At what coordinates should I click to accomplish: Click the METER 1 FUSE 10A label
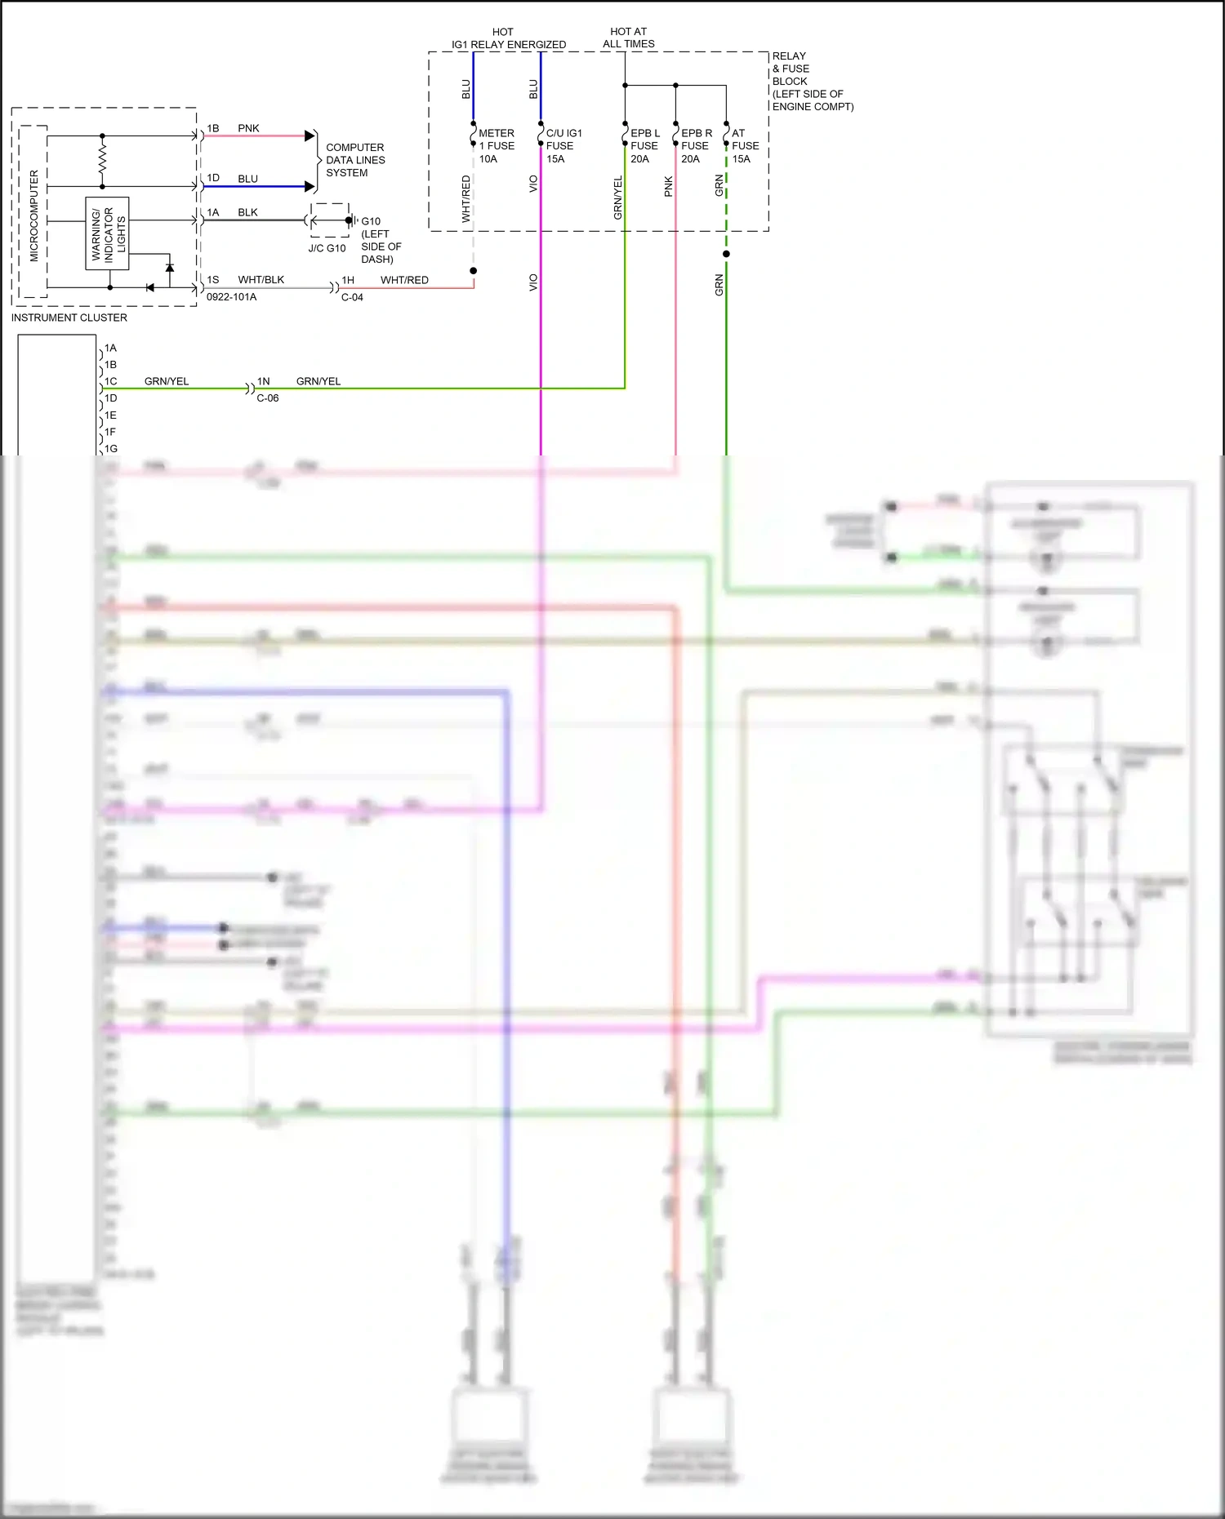point(496,146)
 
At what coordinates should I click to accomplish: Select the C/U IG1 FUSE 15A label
point(563,146)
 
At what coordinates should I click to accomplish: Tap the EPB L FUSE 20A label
point(644,146)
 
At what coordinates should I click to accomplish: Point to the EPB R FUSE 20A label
point(696,146)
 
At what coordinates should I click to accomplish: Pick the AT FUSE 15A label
point(745,146)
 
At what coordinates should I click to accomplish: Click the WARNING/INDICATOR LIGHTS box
point(108,233)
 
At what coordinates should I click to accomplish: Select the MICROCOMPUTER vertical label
point(33,215)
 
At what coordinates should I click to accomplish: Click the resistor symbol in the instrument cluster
point(102,161)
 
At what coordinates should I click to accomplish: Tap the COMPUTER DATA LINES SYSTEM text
point(355,160)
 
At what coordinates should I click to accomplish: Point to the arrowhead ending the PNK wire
point(310,135)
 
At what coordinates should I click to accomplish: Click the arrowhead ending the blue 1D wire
point(310,186)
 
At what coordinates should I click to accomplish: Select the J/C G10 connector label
point(327,248)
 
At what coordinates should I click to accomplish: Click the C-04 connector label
point(352,297)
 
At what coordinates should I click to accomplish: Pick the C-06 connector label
point(268,398)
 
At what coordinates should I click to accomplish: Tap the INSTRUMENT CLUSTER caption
point(69,318)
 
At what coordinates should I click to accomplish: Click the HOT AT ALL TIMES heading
point(629,38)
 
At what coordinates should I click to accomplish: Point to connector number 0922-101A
point(231,297)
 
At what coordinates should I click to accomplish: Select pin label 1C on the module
point(110,381)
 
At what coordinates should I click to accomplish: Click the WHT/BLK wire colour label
point(261,279)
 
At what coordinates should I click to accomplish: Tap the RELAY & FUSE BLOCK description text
point(812,82)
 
